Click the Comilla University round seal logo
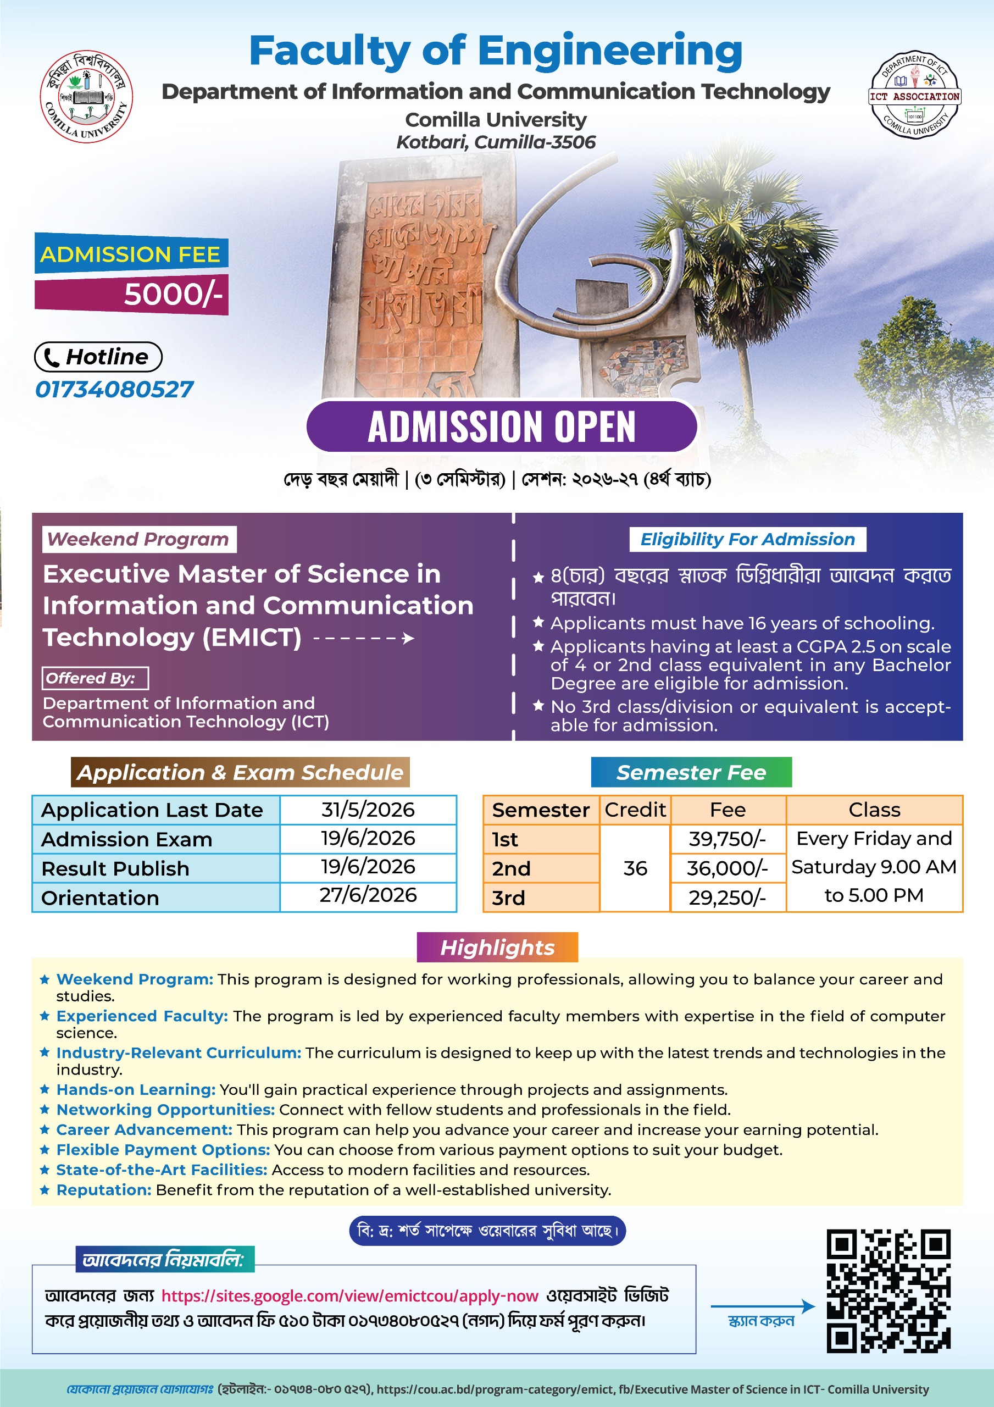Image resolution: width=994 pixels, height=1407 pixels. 86,96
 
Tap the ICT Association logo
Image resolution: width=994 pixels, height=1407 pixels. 914,95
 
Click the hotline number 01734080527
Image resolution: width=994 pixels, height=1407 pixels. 115,389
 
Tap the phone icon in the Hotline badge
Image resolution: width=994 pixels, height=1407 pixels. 52,357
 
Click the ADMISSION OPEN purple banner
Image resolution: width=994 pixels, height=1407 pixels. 501,426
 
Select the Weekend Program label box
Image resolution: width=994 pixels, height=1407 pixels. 138,539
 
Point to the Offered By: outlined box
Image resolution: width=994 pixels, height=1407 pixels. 95,678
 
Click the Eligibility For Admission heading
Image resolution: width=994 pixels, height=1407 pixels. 747,539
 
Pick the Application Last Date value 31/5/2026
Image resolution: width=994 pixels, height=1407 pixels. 368,810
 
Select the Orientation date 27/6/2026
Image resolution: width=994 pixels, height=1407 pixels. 368,895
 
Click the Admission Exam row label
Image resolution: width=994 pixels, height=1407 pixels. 127,839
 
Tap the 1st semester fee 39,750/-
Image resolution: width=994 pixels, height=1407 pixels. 728,838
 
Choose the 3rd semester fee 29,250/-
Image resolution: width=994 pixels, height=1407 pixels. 728,897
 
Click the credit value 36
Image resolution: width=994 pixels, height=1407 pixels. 635,868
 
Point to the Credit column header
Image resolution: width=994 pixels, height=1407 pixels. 635,810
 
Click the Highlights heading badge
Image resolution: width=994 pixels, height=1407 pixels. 497,948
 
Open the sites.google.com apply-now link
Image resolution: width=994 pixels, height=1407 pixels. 349,1296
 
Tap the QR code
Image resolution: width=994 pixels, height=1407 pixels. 888,1290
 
